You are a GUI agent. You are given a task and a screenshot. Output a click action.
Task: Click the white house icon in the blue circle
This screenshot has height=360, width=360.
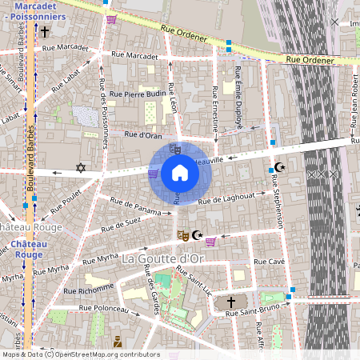pos(180,173)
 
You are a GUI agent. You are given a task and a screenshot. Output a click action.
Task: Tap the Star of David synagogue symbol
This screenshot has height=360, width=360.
pos(79,168)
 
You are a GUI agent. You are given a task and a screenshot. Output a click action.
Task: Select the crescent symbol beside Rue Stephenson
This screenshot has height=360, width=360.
pos(278,167)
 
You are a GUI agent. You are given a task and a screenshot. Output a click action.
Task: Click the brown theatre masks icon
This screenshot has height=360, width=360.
pos(182,235)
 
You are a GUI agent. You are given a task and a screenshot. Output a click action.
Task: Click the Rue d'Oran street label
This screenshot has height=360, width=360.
pos(143,135)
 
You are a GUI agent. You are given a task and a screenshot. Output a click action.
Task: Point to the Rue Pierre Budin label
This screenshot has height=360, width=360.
pos(138,94)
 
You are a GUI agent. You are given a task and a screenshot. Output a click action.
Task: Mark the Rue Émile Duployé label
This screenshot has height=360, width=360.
pos(238,98)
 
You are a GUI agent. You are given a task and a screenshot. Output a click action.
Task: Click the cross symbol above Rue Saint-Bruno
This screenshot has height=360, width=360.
pos(231,302)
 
